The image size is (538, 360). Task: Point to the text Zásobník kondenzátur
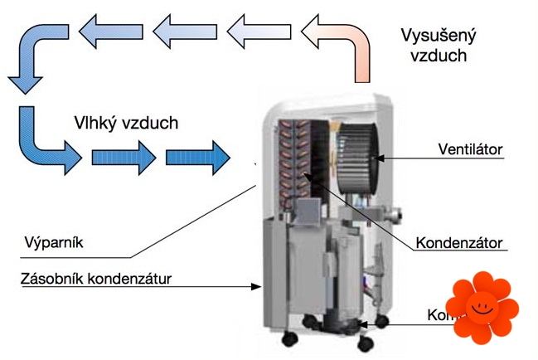(x=95, y=278)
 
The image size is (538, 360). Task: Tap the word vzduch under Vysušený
(x=434, y=56)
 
